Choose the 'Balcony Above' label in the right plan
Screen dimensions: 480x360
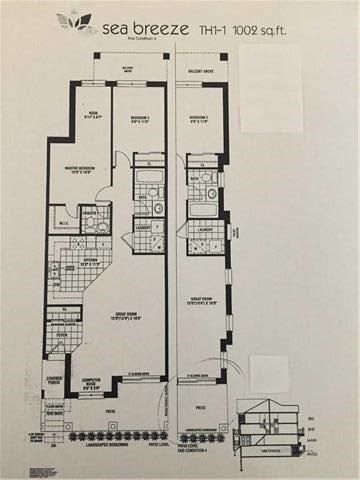click(x=205, y=73)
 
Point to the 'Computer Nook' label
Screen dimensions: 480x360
click(x=93, y=383)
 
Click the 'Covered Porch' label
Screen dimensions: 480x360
click(x=56, y=380)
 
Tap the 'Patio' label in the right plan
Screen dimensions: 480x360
click(x=203, y=408)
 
